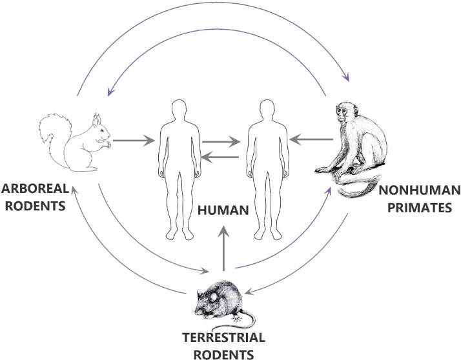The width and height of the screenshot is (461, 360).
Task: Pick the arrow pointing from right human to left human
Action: pos(221,157)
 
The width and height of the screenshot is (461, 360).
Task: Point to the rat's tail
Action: pos(243,318)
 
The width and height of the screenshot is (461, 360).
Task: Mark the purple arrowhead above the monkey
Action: pos(347,77)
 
